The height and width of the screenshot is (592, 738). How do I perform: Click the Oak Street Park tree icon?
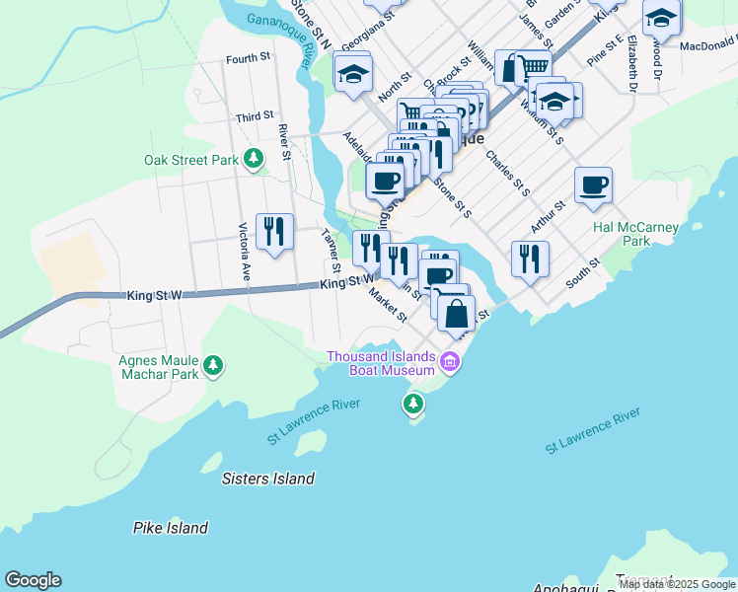(x=254, y=158)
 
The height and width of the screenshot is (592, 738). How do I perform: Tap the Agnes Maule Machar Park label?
(x=158, y=367)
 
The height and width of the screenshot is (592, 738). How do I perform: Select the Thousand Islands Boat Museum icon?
(x=451, y=362)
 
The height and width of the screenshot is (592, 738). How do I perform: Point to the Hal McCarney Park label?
(x=636, y=234)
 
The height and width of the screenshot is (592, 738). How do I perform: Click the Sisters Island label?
(x=267, y=479)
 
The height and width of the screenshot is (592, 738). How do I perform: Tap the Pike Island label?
(x=171, y=528)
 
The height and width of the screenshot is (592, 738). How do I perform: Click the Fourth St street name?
(x=248, y=59)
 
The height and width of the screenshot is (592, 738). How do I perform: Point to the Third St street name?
(x=255, y=116)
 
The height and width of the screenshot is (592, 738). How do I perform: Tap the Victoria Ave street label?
(x=244, y=254)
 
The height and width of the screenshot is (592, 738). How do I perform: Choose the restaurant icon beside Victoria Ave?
(x=273, y=232)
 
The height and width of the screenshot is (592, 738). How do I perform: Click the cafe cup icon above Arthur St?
(x=593, y=185)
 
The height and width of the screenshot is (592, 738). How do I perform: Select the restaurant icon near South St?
(x=530, y=259)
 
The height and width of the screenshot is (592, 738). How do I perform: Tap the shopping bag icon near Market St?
(x=457, y=315)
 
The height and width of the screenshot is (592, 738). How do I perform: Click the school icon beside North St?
(x=352, y=73)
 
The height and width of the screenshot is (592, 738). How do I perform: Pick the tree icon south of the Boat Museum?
(x=412, y=403)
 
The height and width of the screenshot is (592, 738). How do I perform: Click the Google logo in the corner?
(x=34, y=580)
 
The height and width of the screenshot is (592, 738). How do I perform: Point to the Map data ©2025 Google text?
(x=677, y=584)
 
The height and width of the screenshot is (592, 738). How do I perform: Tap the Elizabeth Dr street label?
(x=629, y=60)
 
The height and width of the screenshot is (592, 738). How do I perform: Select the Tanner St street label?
(x=331, y=251)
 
